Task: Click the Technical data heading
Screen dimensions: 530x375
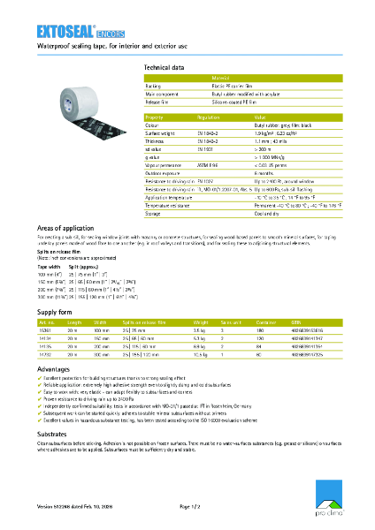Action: [164, 67]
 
